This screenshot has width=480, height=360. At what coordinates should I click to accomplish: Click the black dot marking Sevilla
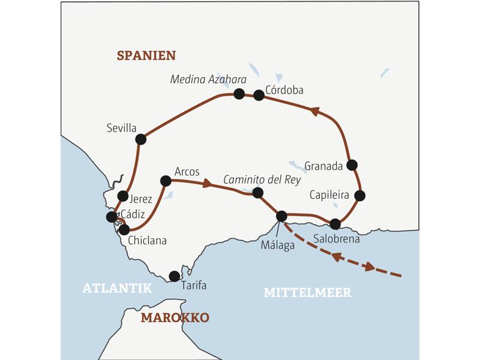tap(141, 139)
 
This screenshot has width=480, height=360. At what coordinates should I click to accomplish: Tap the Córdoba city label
tap(284, 91)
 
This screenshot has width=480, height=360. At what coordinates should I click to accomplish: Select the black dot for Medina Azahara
tap(239, 94)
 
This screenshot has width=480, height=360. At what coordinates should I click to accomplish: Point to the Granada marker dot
tap(352, 164)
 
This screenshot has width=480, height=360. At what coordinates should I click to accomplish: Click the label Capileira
tap(329, 195)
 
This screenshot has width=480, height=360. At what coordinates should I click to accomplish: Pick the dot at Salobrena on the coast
tap(335, 224)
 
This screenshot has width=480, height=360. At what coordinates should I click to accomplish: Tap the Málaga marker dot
tap(281, 216)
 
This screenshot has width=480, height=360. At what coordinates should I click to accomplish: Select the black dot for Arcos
tap(166, 180)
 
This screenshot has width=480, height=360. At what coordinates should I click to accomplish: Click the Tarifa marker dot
tap(175, 276)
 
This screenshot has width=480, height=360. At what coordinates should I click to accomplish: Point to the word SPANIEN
tap(146, 56)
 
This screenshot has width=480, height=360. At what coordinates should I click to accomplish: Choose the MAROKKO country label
tap(175, 317)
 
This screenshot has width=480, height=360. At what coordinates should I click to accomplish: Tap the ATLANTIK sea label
tap(117, 289)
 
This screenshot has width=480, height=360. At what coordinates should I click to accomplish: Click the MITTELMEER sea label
tap(307, 293)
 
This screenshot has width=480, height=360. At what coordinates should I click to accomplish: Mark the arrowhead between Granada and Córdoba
tap(313, 111)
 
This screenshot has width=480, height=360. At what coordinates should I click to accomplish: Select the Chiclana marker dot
tap(124, 229)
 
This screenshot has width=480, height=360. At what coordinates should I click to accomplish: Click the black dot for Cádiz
tap(112, 217)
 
